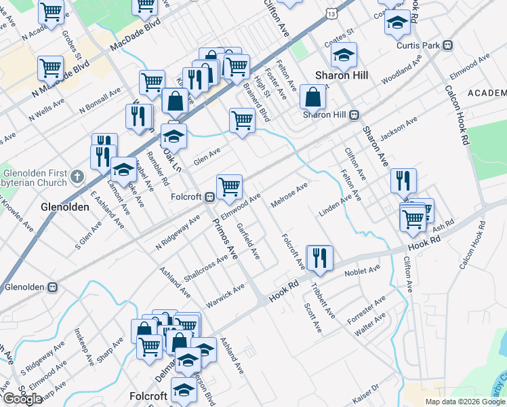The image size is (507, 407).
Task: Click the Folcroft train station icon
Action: [x=210, y=197]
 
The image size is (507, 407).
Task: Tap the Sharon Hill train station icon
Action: [x=354, y=115]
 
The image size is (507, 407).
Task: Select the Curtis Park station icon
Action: [x=447, y=45]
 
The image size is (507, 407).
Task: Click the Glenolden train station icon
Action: [x=52, y=287]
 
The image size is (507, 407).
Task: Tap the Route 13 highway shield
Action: [x=329, y=14]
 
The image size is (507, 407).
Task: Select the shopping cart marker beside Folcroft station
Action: [x=229, y=187]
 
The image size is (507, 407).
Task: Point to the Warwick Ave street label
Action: [x=225, y=296]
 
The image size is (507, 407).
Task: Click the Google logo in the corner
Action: [x=23, y=399]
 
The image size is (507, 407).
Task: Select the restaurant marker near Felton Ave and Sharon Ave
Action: [x=403, y=180]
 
